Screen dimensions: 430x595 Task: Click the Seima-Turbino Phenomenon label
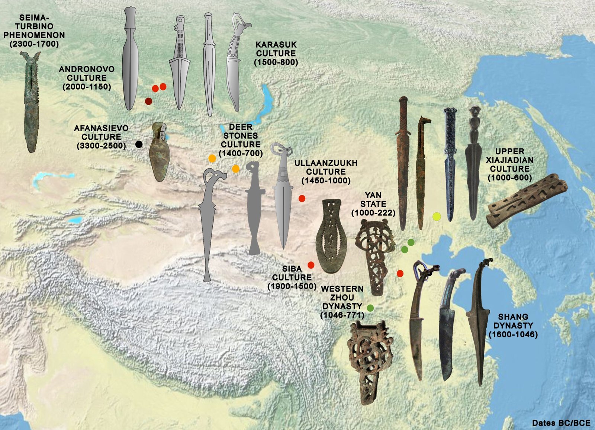pyautogui.click(x=34, y=31)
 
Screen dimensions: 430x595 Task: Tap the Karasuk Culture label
pyautogui.click(x=276, y=53)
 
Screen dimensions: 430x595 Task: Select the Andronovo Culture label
pyautogui.click(x=87, y=78)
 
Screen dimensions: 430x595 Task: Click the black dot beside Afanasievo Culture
pyautogui.click(x=139, y=144)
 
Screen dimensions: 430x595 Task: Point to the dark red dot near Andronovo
pyautogui.click(x=148, y=101)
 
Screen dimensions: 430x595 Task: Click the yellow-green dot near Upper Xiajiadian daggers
pyautogui.click(x=437, y=216)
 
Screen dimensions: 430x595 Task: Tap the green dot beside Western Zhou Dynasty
pyautogui.click(x=370, y=308)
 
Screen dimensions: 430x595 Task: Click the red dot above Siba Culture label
pyautogui.click(x=311, y=265)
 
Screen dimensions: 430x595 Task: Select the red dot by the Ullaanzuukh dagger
pyautogui.click(x=302, y=198)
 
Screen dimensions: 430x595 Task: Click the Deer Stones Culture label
pyautogui.click(x=241, y=140)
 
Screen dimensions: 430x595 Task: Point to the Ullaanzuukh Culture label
pyautogui.click(x=326, y=171)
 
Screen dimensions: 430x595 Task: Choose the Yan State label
pyautogui.click(x=373, y=204)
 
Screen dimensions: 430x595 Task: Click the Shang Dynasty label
pyautogui.click(x=513, y=325)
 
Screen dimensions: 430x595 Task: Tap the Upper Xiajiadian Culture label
pyautogui.click(x=509, y=164)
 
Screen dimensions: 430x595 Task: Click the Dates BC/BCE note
pyautogui.click(x=561, y=423)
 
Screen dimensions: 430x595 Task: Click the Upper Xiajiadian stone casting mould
pyautogui.click(x=527, y=201)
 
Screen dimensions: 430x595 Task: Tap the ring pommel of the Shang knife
pyautogui.click(x=419, y=267)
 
